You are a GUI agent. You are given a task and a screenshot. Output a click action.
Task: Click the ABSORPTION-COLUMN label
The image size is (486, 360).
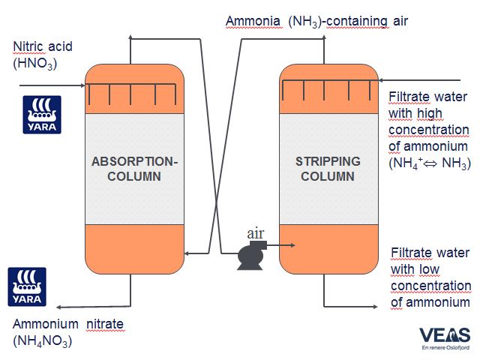[x=135, y=169]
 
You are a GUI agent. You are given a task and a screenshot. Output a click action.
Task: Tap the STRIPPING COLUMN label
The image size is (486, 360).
[x=328, y=169]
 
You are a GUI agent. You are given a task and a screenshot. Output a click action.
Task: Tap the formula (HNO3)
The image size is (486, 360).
[x=34, y=65]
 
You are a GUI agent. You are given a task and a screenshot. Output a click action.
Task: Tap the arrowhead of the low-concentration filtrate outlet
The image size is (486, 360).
[x=373, y=306]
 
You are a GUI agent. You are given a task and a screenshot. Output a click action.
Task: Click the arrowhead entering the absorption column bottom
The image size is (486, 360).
[x=188, y=254]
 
